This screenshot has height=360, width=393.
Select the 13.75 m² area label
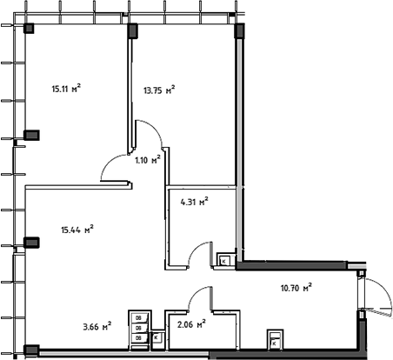[158, 88]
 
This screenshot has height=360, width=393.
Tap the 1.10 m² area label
[147, 159]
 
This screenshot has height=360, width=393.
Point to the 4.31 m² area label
[192, 203]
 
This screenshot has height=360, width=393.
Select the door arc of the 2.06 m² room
[202, 297]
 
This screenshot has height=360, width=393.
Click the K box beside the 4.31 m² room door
[223, 259]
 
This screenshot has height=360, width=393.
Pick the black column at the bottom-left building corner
[30, 351]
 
